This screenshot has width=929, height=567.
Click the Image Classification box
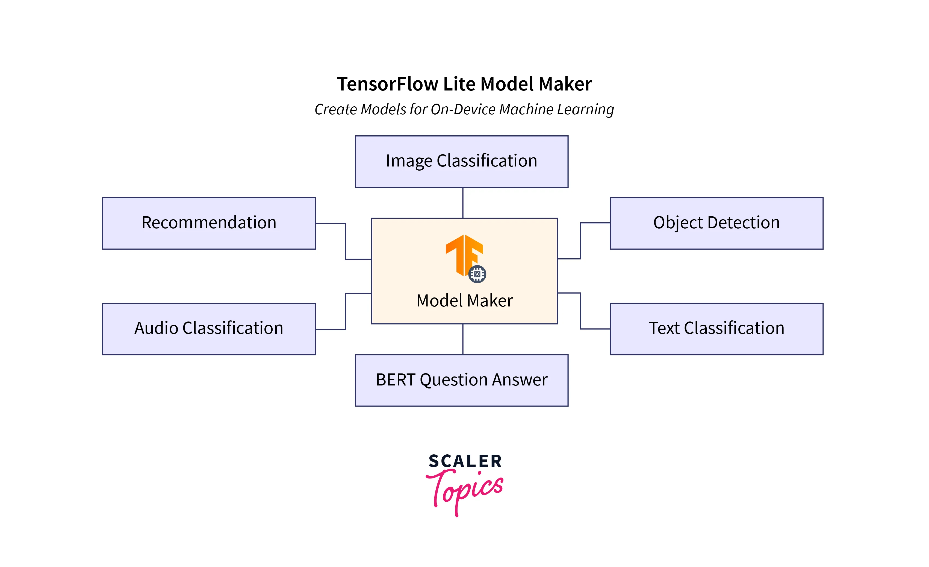tap(461, 162)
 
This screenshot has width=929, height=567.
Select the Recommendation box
tap(209, 223)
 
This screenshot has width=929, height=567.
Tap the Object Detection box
tap(716, 223)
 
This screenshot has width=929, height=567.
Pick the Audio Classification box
tap(209, 329)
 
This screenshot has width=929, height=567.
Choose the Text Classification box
tap(716, 329)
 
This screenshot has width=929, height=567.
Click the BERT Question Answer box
tap(461, 380)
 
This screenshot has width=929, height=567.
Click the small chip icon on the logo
tap(477, 274)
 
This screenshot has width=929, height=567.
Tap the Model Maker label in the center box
tap(464, 301)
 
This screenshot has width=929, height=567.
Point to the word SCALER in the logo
tap(465, 461)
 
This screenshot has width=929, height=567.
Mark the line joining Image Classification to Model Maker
tap(463, 203)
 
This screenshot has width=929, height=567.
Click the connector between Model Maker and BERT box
tap(463, 339)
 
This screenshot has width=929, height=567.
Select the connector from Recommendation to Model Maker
tap(345, 241)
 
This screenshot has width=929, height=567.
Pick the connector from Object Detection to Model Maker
tap(580, 241)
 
